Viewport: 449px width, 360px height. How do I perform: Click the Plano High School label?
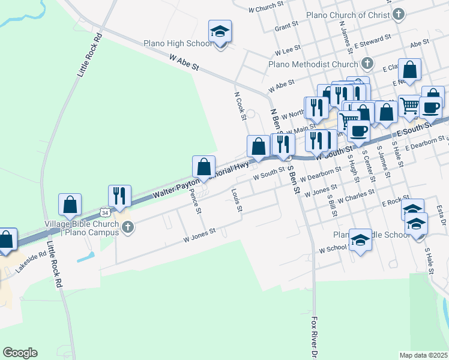(177, 43)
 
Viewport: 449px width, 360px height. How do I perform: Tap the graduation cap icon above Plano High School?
(220, 32)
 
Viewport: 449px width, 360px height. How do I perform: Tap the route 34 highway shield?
(106, 212)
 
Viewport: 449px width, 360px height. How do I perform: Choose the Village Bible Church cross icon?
(127, 227)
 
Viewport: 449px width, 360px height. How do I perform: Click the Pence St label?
(195, 203)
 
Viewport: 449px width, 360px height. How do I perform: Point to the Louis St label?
(237, 200)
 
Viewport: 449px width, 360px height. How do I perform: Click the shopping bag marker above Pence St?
(203, 166)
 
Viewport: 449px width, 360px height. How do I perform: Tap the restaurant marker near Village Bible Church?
(119, 196)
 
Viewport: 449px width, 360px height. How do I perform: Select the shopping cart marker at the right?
(409, 105)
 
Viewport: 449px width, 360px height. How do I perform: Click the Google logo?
(20, 353)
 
